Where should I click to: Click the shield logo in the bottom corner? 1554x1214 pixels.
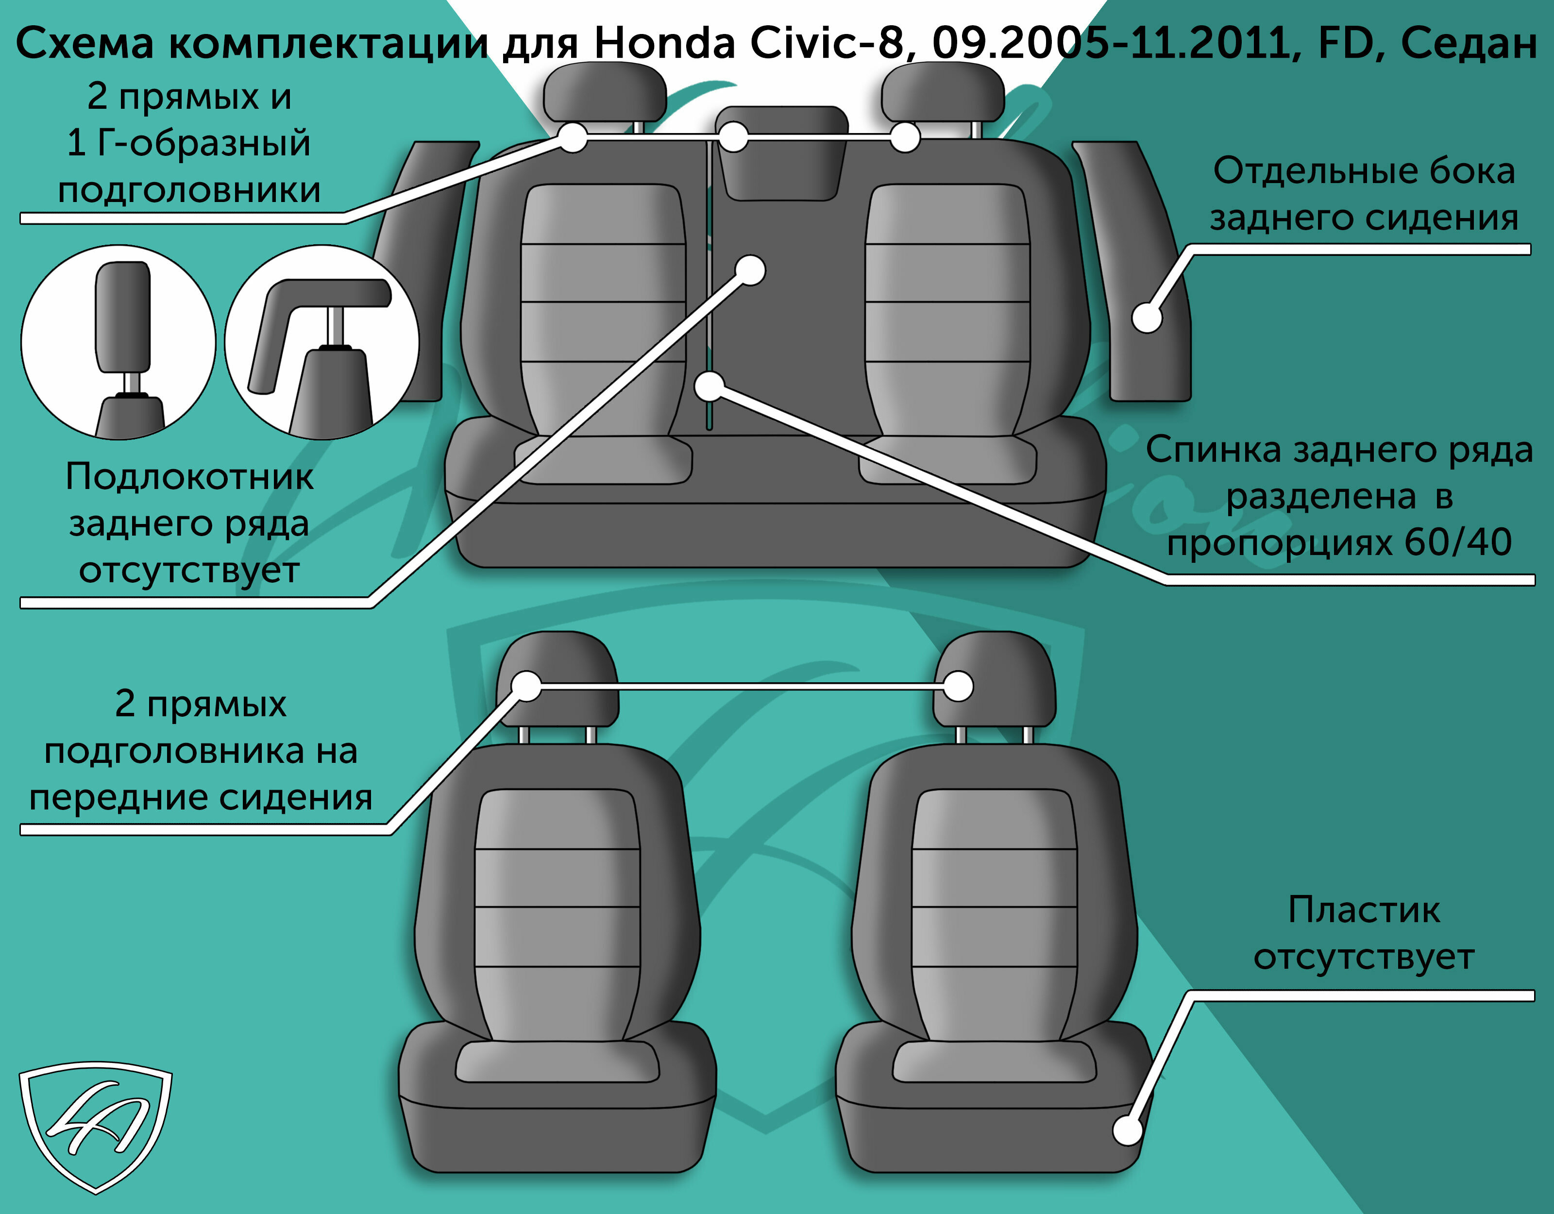(x=95, y=1127)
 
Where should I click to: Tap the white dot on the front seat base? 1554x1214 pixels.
(x=1128, y=1130)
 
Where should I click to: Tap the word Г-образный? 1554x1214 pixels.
(x=203, y=143)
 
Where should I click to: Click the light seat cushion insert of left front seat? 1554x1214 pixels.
(x=557, y=1062)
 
